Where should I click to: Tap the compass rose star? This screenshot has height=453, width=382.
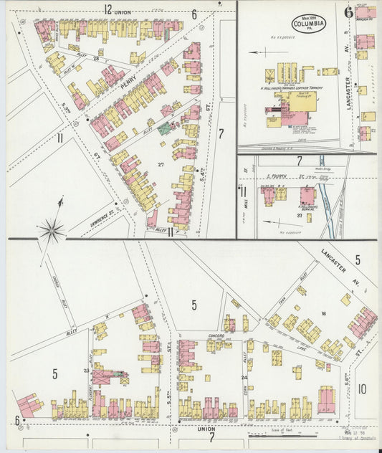pos(52,229)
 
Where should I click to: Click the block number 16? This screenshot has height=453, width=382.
pos(323,313)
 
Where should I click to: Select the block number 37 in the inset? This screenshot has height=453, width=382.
pos(299,214)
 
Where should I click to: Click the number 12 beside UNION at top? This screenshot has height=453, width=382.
pos(108,10)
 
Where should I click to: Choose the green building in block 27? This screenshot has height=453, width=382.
pos(166,129)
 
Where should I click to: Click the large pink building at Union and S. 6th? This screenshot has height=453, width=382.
pos(326,401)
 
